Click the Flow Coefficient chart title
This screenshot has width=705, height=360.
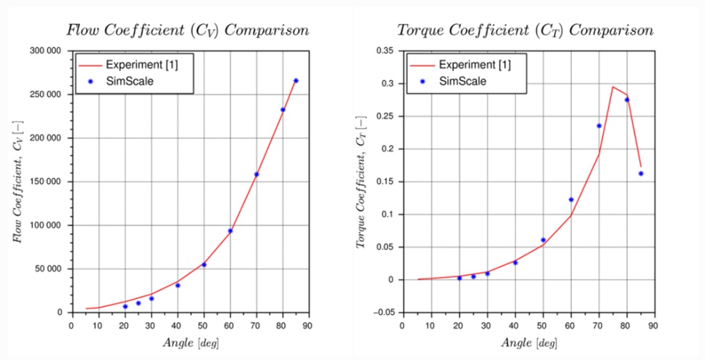click(x=188, y=31)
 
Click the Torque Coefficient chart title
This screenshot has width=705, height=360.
click(x=524, y=31)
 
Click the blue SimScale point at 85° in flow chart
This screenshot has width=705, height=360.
click(x=296, y=80)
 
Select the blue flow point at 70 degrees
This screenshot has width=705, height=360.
click(x=256, y=174)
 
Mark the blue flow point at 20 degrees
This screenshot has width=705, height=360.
click(x=125, y=306)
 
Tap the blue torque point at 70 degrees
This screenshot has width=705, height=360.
click(x=599, y=125)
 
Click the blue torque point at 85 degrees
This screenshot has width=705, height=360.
click(x=641, y=173)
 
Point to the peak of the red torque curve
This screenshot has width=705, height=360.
click(x=613, y=87)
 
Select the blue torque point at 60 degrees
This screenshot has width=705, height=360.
click(x=571, y=200)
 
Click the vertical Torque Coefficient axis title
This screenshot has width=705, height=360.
click(x=362, y=182)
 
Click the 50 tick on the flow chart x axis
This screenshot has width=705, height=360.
click(x=203, y=325)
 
